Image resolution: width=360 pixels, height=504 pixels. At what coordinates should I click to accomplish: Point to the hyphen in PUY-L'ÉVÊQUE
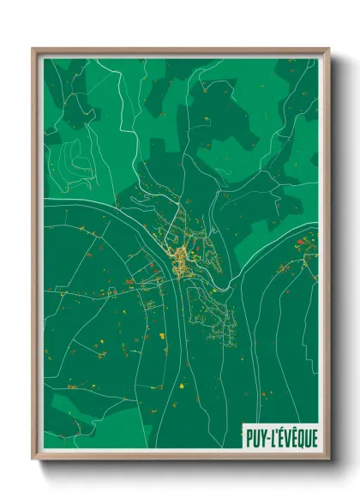click(x=268, y=436)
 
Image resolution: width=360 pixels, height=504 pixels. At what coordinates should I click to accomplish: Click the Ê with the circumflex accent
click(x=294, y=435)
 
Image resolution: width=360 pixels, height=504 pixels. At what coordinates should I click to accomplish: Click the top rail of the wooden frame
click(x=180, y=51)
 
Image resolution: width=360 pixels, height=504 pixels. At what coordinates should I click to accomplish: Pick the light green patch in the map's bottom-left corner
click(x=60, y=429)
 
